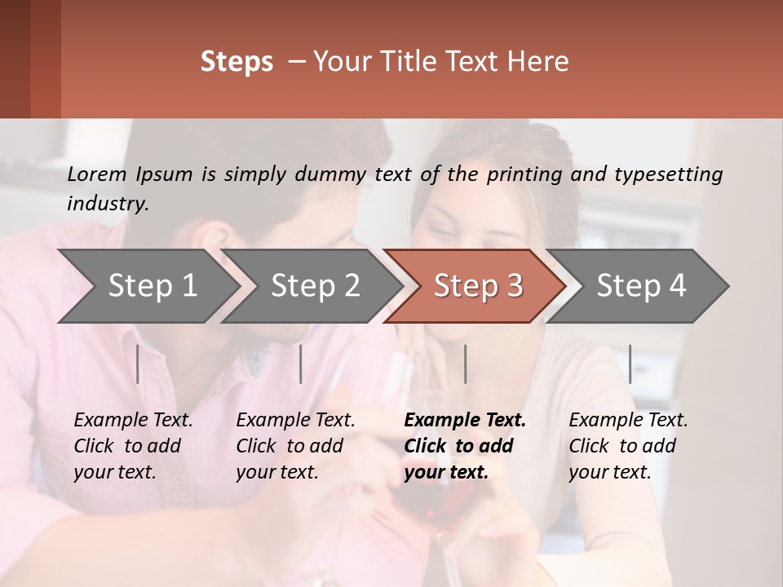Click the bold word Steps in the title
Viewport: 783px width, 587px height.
tap(237, 62)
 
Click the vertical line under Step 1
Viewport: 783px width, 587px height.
tap(138, 364)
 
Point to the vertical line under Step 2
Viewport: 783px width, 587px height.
tap(301, 364)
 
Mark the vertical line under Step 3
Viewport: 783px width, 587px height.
tap(465, 364)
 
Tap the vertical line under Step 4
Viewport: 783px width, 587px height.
tap(630, 364)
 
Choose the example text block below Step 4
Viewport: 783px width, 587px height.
tap(628, 446)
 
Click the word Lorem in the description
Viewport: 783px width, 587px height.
tap(97, 174)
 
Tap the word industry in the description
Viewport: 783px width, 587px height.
tap(107, 204)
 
